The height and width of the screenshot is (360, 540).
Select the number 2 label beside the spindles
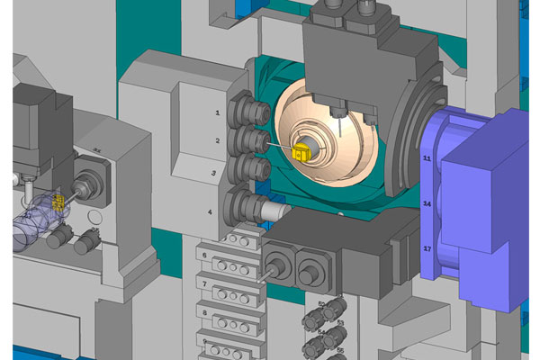click(218, 141)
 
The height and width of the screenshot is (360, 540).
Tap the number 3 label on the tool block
click(213, 172)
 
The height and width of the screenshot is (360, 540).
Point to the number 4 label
click(210, 211)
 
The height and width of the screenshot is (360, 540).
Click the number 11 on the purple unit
click(427, 158)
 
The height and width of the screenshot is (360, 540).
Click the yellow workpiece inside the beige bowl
click(301, 154)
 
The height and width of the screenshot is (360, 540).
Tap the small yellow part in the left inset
click(59, 204)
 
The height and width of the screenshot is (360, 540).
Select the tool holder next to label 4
click(249, 206)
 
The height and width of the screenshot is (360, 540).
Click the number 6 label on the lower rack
click(205, 256)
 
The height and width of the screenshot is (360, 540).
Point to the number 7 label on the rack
click(205, 284)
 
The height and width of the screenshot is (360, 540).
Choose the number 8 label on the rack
click(205, 314)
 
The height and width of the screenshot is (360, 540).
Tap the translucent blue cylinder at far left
click(27, 220)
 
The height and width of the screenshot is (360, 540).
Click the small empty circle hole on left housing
click(94, 218)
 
